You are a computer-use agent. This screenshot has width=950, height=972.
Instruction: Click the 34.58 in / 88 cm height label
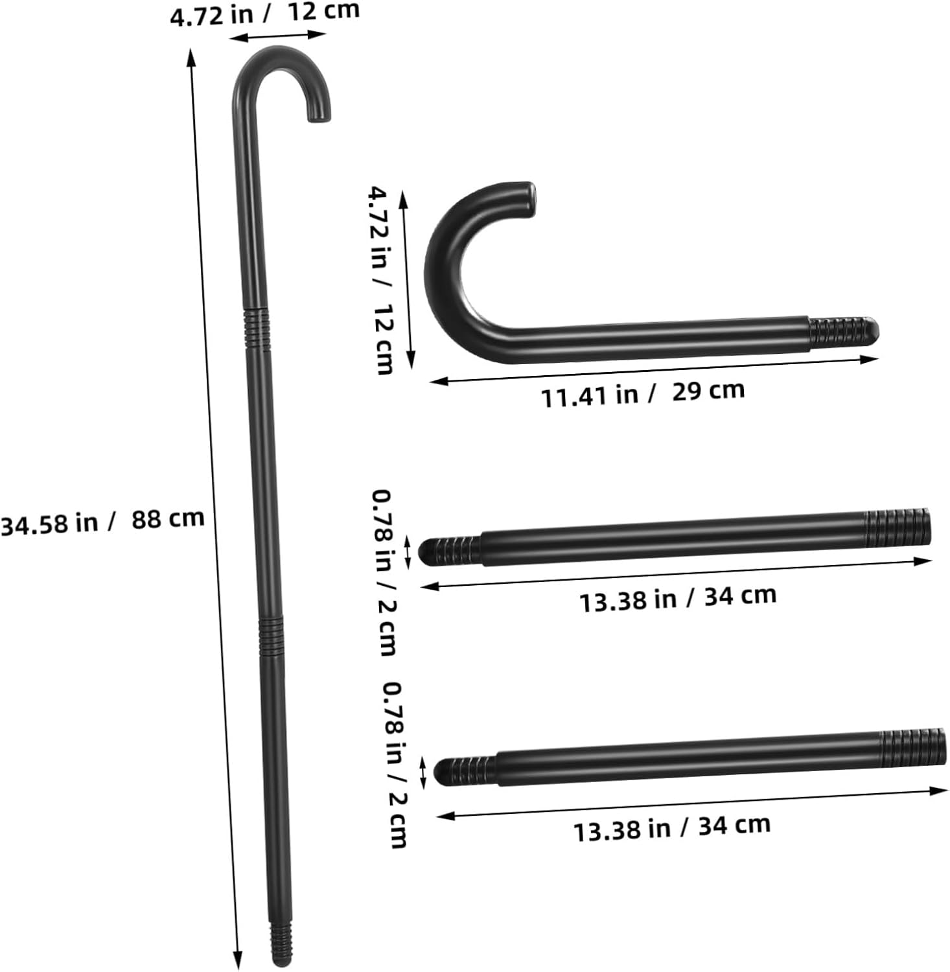tap(102, 521)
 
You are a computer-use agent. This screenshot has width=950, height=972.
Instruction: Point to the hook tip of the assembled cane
tap(319, 117)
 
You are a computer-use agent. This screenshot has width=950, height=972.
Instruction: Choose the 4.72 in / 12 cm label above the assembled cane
tap(264, 14)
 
